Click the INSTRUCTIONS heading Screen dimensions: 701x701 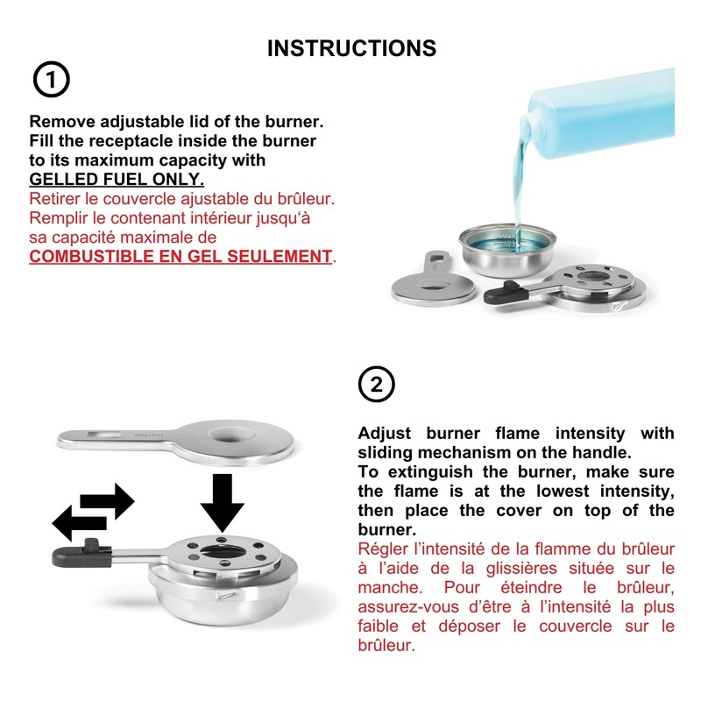(x=350, y=48)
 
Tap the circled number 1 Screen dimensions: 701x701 (x=51, y=81)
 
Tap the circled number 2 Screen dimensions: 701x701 (x=377, y=384)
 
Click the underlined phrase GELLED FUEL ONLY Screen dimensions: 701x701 (x=117, y=179)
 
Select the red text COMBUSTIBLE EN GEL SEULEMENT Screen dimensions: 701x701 (x=181, y=256)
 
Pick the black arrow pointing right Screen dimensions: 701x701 (x=110, y=502)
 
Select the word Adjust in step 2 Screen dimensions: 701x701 (x=386, y=433)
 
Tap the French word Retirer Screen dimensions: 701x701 (x=58, y=199)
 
